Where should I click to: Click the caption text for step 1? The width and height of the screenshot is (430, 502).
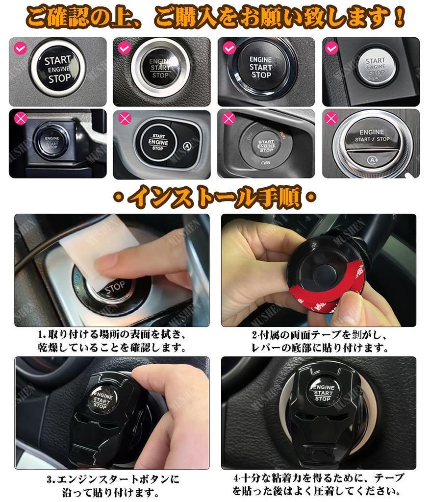(112, 342)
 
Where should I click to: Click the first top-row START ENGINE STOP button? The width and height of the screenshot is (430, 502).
(58, 69)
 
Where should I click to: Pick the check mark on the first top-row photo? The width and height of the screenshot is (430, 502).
(20, 48)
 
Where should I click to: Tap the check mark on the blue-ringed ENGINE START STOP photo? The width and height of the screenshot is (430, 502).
(229, 48)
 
